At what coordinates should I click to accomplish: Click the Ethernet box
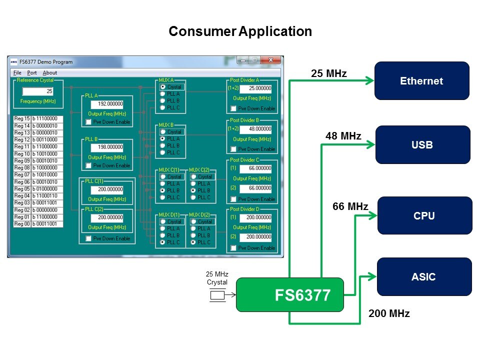coord(421,81)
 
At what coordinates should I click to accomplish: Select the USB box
coord(422,145)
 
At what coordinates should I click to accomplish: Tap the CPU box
coord(424,215)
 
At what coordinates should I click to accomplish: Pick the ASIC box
coord(424,276)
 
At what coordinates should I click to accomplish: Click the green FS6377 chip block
coord(290,295)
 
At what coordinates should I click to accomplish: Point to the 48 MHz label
coord(343,136)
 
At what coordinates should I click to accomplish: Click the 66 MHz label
coord(350,206)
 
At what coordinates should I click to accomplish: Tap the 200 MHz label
coord(389,314)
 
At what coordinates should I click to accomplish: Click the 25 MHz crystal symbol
coord(217,295)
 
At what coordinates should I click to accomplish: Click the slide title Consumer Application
coord(240,31)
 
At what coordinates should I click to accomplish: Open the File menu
coord(17,72)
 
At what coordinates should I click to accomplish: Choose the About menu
coord(50,72)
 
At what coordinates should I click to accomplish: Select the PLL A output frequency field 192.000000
coord(107,104)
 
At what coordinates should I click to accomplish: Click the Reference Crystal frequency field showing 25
coord(38,91)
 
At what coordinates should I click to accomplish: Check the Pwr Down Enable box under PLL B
coord(89,165)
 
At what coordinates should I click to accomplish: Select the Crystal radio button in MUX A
coord(162,87)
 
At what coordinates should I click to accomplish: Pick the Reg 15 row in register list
coord(38,118)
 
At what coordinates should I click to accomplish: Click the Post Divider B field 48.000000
coord(255,129)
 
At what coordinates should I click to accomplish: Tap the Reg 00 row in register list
coord(38,224)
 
